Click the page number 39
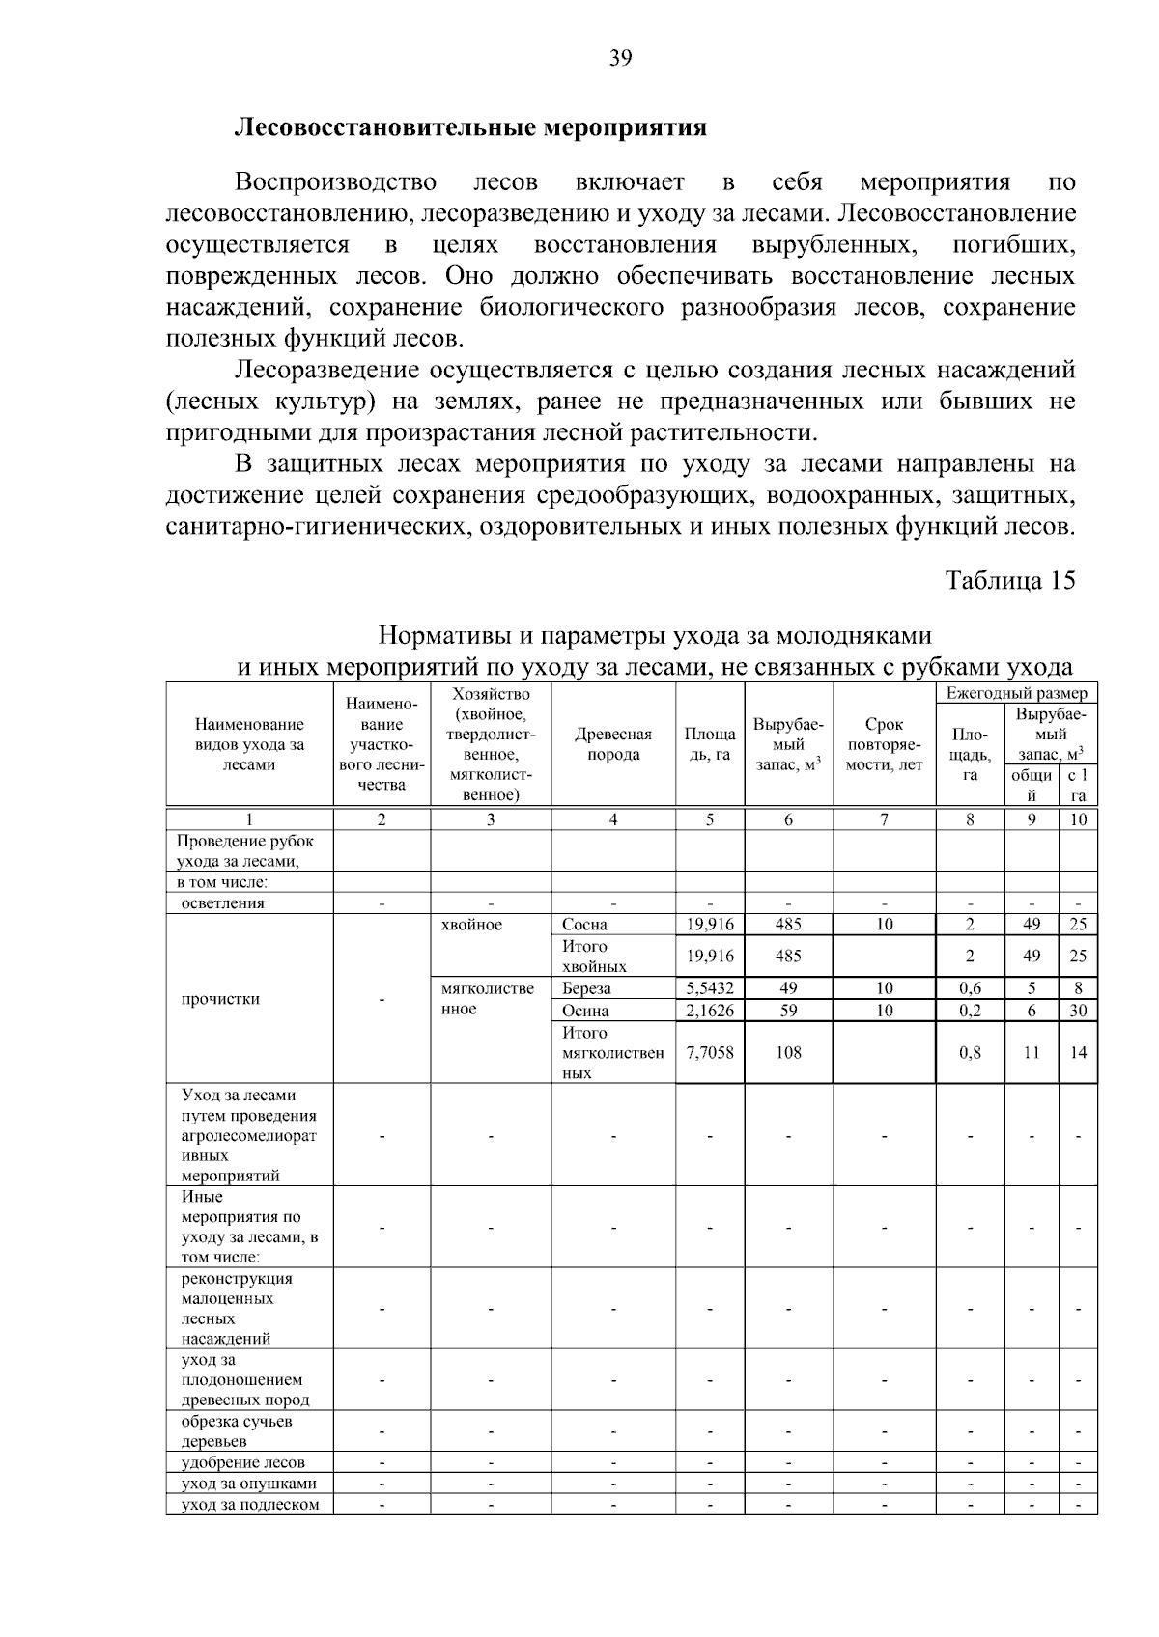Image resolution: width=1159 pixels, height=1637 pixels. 620,59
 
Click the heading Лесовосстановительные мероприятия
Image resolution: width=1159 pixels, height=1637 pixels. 471,127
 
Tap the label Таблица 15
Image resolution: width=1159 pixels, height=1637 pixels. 1010,580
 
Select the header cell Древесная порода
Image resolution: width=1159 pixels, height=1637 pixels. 613,744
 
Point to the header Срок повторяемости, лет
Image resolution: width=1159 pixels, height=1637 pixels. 884,744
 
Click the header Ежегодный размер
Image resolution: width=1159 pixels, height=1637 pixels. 1016,693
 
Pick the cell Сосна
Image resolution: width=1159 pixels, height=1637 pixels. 584,924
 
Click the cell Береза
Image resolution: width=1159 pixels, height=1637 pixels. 586,988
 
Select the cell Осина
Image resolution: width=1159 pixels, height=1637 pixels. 585,1011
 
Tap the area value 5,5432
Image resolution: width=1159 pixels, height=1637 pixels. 710,988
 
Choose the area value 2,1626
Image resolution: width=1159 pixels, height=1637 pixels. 710,1011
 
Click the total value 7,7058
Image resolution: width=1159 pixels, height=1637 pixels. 710,1053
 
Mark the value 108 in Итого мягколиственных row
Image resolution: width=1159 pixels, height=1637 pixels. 788,1053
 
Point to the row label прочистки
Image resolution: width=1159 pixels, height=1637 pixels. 220,999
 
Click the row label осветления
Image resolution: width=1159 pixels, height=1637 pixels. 222,903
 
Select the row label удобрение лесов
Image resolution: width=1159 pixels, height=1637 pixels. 242,1462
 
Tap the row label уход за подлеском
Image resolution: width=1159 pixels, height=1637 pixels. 249,1504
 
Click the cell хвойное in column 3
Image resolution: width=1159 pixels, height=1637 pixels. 471,925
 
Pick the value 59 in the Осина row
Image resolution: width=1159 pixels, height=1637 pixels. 788,1011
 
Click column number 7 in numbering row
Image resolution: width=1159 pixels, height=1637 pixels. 884,819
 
